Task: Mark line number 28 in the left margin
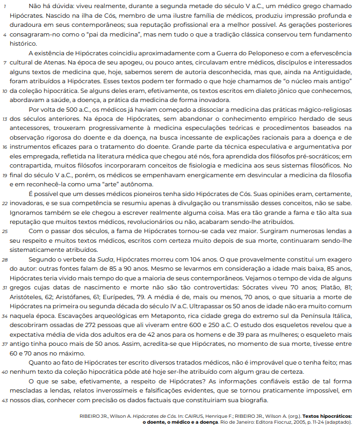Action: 5,259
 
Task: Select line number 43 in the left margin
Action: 5,401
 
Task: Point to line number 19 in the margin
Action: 5,176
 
